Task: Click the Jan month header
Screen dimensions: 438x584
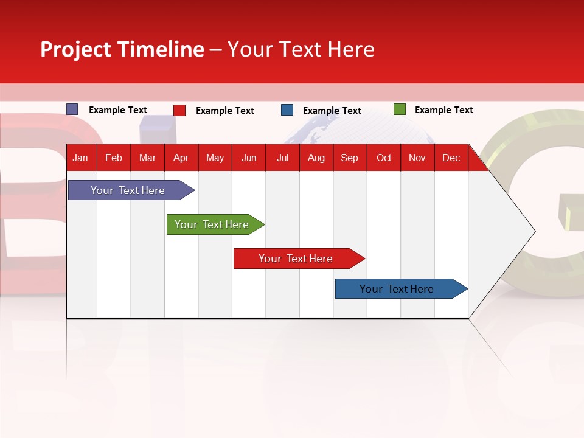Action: tap(80, 158)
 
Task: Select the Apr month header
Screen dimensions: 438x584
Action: tap(181, 158)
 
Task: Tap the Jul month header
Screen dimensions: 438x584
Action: tap(282, 158)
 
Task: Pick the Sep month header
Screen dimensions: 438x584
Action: tap(349, 158)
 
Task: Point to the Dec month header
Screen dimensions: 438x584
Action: tap(451, 158)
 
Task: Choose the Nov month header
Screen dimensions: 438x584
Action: tap(417, 158)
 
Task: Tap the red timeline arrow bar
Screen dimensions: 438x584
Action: tap(296, 259)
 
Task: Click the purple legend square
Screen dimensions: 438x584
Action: tap(72, 109)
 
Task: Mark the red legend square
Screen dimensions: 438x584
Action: tap(179, 110)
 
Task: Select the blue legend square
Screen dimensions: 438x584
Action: tap(287, 110)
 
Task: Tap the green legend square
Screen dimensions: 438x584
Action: tap(399, 109)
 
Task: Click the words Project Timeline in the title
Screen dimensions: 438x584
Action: tap(122, 49)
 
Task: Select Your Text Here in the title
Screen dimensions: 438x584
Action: tap(301, 49)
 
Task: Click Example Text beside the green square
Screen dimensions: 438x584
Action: tap(443, 110)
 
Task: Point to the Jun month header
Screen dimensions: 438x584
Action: tap(248, 158)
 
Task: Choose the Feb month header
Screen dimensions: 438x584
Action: tap(113, 158)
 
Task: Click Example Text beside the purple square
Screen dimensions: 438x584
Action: tap(117, 110)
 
